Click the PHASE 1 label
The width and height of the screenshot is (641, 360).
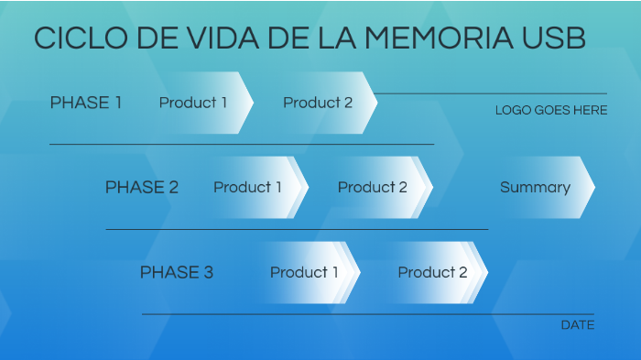coord(85,103)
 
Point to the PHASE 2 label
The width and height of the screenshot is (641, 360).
coord(141,187)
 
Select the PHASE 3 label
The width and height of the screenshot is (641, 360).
coord(176,272)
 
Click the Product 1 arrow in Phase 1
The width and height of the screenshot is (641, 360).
coord(194,103)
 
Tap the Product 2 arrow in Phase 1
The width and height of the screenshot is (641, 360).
coord(319,103)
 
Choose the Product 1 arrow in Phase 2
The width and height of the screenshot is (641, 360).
coord(249,187)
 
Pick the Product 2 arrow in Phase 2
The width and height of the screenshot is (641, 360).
coord(374,187)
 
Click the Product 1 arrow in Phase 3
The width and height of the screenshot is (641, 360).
coord(305,272)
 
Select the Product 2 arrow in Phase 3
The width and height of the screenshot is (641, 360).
coord(433,272)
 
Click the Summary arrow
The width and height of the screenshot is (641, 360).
coord(537,187)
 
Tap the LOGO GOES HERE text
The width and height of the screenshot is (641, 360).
coord(550,110)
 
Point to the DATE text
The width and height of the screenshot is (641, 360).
coord(577,325)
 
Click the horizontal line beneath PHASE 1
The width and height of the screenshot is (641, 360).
coord(242,144)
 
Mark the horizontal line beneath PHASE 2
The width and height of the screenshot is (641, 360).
coord(297,229)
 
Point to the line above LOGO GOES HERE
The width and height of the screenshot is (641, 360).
coord(492,93)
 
